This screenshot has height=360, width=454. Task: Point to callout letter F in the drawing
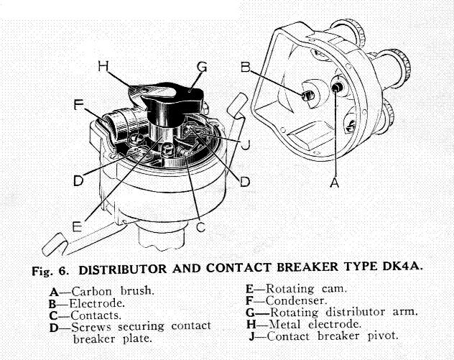[x=79, y=104]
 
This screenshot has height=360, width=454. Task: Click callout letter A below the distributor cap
[x=333, y=183]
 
